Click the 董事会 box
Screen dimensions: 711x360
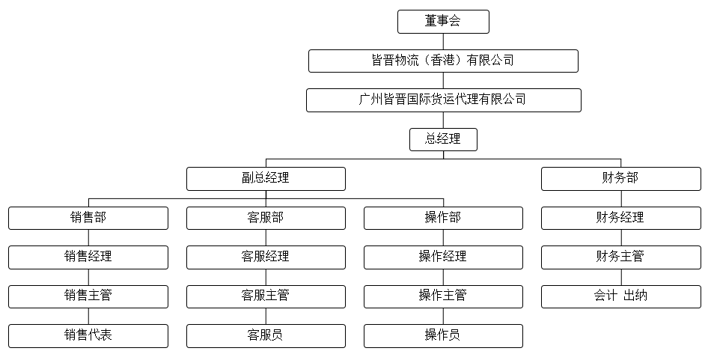(443, 22)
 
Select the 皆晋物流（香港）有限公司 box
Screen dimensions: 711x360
(443, 61)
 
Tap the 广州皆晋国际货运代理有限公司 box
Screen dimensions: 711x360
(444, 100)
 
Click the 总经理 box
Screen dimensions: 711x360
(443, 139)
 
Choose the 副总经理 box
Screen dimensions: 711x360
(266, 179)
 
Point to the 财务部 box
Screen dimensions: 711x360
(620, 179)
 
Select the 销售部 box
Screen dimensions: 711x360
(88, 218)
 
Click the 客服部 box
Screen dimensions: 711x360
(266, 218)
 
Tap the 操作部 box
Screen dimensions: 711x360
(443, 218)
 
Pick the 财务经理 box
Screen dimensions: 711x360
(620, 218)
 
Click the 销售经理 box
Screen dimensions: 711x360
(88, 257)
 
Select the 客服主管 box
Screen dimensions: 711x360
(266, 296)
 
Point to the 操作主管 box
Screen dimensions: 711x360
(443, 296)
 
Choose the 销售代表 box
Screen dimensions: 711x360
(88, 336)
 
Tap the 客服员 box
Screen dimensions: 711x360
(266, 336)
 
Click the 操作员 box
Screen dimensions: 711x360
(443, 336)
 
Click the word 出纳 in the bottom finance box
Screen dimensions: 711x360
(635, 296)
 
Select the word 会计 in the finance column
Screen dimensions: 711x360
(605, 296)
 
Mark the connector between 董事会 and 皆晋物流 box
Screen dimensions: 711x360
(443, 42)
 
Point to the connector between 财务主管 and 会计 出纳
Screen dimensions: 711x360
(620, 278)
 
